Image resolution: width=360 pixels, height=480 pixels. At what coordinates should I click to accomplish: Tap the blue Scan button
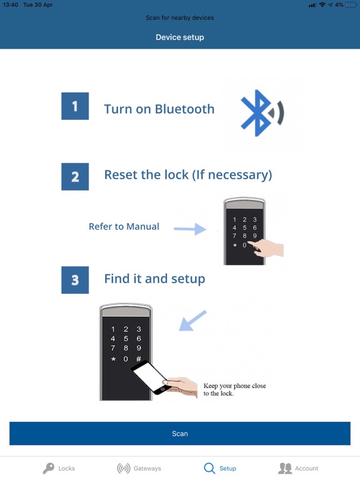pos(180,433)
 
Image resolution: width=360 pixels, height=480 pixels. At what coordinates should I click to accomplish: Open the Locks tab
pos(58,468)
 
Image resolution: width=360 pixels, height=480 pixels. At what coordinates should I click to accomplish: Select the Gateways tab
pos(139,468)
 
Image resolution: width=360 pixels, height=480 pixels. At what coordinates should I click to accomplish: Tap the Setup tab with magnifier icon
pos(220,468)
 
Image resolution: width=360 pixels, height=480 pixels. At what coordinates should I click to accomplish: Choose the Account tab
pos(298,468)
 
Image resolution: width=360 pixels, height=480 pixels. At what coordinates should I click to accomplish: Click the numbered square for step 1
pos(75,106)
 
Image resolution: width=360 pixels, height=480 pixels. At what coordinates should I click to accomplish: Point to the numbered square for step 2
pos(75,177)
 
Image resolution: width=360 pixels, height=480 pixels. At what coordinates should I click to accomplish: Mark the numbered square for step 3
pos(75,280)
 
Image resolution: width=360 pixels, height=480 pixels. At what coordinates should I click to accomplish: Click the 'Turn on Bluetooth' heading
pos(159,109)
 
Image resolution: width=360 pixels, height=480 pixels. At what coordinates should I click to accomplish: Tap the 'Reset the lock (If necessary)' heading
pos(187,175)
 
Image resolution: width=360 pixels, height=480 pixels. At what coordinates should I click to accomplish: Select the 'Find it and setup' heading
pos(154,278)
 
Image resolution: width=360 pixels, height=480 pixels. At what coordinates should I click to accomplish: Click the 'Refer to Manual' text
pos(124,227)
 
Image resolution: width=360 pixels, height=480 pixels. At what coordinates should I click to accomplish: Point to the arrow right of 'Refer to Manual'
pos(190,229)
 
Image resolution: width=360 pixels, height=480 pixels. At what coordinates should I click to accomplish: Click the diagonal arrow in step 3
pos(193,321)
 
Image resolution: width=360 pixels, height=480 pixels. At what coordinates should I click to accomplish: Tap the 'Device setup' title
pos(180,37)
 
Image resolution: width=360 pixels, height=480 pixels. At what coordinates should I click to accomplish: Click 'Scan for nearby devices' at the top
pos(180,17)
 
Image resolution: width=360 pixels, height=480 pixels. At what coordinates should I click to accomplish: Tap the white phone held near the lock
pos(151,377)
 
